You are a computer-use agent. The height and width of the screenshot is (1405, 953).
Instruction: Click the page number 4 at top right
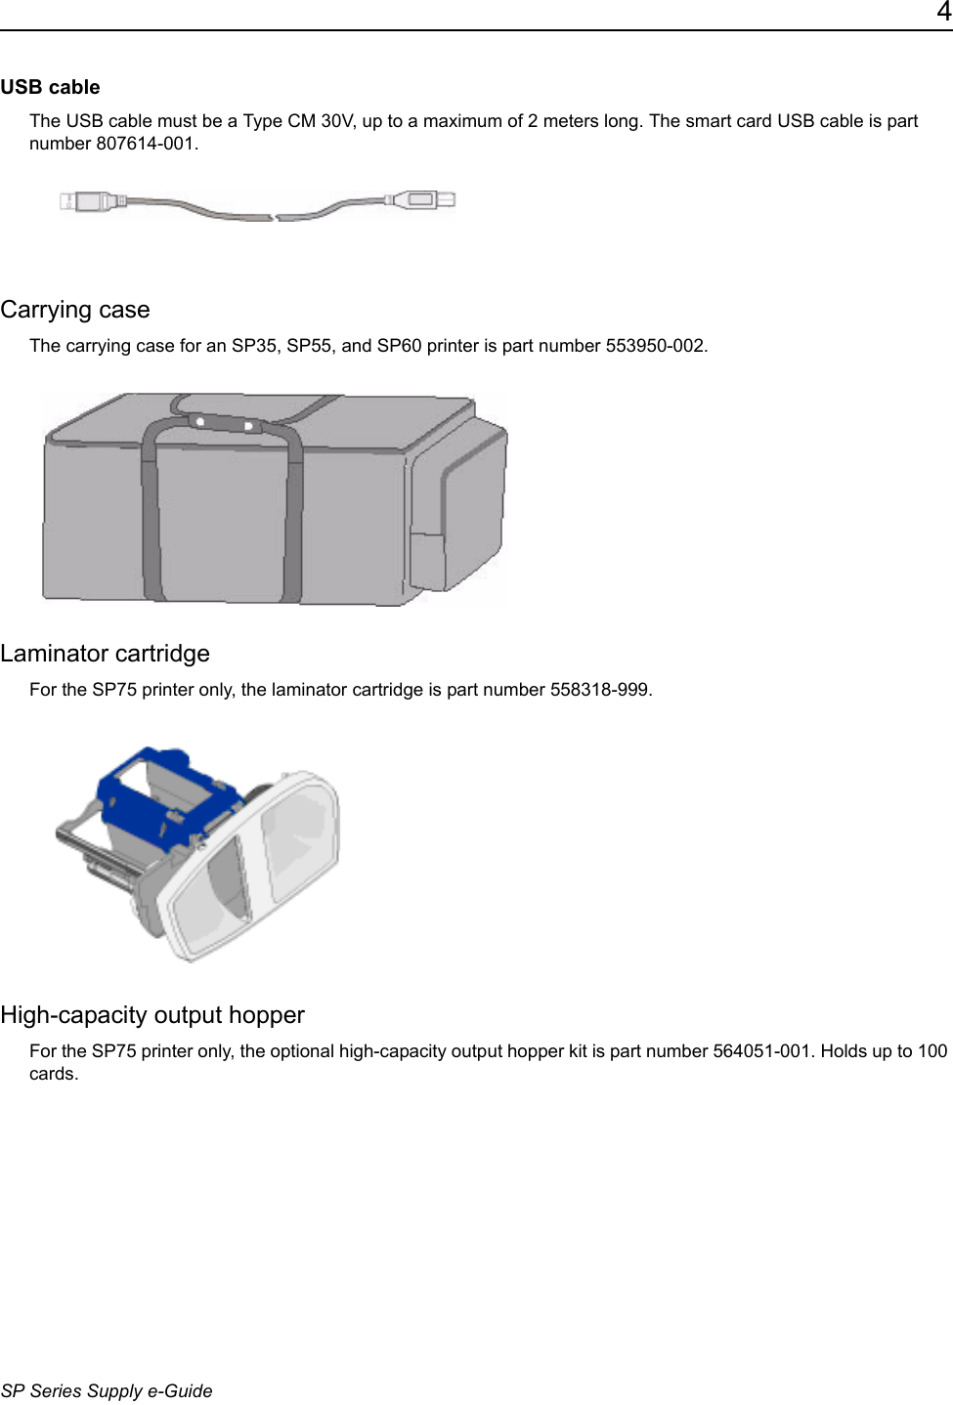[x=943, y=13]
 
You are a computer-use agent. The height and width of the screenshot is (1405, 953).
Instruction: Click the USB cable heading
[x=50, y=87]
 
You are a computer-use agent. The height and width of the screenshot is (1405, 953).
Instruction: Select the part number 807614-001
[x=147, y=144]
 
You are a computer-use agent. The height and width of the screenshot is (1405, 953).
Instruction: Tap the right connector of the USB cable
[x=424, y=200]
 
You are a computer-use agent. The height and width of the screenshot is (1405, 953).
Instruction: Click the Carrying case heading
[x=75, y=310]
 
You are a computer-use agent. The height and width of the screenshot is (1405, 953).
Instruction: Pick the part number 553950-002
[x=655, y=346]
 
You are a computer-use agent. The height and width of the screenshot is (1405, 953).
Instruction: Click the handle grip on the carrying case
[x=224, y=424]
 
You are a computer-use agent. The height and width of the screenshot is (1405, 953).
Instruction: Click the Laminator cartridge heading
[x=106, y=654]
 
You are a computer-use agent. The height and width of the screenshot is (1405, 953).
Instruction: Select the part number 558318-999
[x=599, y=690]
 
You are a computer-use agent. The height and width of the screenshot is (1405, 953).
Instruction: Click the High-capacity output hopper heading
[x=152, y=1015]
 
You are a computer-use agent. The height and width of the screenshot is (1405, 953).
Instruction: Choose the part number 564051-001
[x=761, y=1051]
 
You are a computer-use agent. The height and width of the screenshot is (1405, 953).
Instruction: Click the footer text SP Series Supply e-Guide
[x=107, y=1390]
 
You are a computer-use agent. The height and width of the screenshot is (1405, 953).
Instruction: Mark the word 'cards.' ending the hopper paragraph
[x=54, y=1074]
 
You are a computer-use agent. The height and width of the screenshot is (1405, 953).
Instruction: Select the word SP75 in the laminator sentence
[x=114, y=690]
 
